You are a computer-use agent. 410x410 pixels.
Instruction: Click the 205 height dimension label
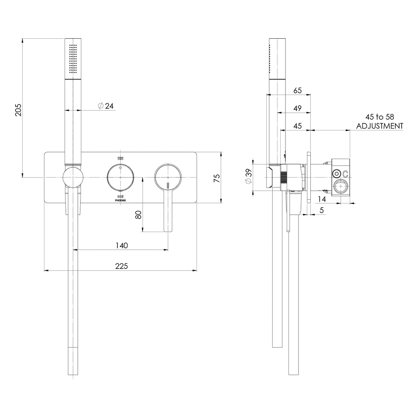click(x=18, y=109)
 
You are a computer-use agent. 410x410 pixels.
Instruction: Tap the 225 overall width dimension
click(x=121, y=266)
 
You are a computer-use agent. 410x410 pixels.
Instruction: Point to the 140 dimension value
click(x=121, y=246)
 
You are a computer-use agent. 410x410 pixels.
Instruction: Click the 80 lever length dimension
click(x=138, y=215)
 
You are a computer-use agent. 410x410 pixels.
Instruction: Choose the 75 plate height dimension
click(x=217, y=178)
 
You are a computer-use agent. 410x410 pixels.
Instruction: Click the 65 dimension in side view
click(x=298, y=90)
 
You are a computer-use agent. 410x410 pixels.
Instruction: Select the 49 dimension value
click(x=298, y=108)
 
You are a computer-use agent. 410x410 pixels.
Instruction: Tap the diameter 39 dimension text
click(x=248, y=177)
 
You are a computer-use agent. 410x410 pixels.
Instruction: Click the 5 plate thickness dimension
click(x=322, y=211)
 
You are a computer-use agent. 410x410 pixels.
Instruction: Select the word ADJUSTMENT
click(x=380, y=126)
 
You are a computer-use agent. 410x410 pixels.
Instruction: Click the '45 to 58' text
click(x=380, y=117)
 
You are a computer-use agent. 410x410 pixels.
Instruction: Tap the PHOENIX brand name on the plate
click(x=120, y=201)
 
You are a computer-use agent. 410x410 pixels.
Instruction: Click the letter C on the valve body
click(x=345, y=174)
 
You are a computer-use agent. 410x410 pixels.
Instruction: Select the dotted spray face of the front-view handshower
click(x=73, y=58)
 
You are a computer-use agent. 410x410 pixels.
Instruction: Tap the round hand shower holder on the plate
click(x=73, y=177)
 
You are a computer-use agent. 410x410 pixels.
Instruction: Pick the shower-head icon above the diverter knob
click(x=120, y=158)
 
